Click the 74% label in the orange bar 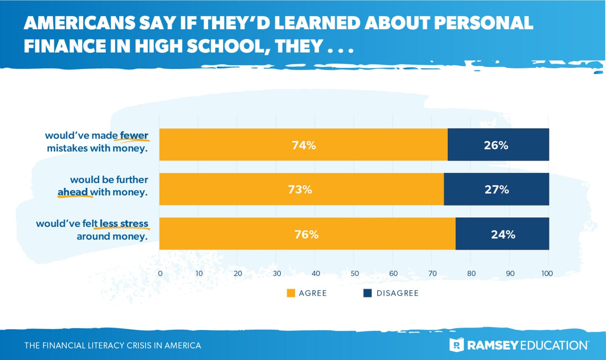[303, 145]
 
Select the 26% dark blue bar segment [498, 145]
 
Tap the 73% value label [300, 189]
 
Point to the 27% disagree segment [496, 189]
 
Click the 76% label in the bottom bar [306, 234]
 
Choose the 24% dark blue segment [503, 234]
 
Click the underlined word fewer [134, 135]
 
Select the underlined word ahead [73, 192]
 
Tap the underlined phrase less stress [124, 224]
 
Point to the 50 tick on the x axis [354, 274]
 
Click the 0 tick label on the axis [160, 274]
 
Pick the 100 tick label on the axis [547, 274]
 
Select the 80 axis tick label [471, 274]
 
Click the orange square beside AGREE [291, 293]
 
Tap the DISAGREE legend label [397, 293]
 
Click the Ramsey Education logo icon [456, 345]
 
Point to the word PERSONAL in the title [483, 23]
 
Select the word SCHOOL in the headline [225, 46]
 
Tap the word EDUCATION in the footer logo [554, 345]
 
